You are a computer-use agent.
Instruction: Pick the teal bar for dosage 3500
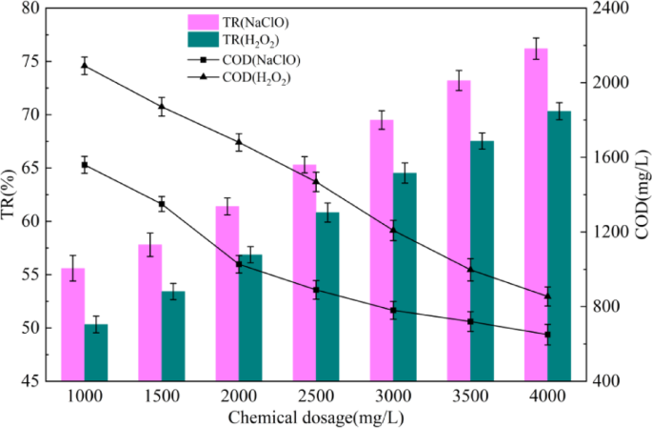tap(483, 261)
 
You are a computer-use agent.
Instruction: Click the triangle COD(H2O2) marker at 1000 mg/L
tap(85, 66)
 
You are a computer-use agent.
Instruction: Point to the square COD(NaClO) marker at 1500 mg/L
tap(162, 204)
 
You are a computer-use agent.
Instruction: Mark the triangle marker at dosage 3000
tap(393, 231)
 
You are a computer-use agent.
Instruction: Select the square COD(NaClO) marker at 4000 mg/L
tap(547, 335)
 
